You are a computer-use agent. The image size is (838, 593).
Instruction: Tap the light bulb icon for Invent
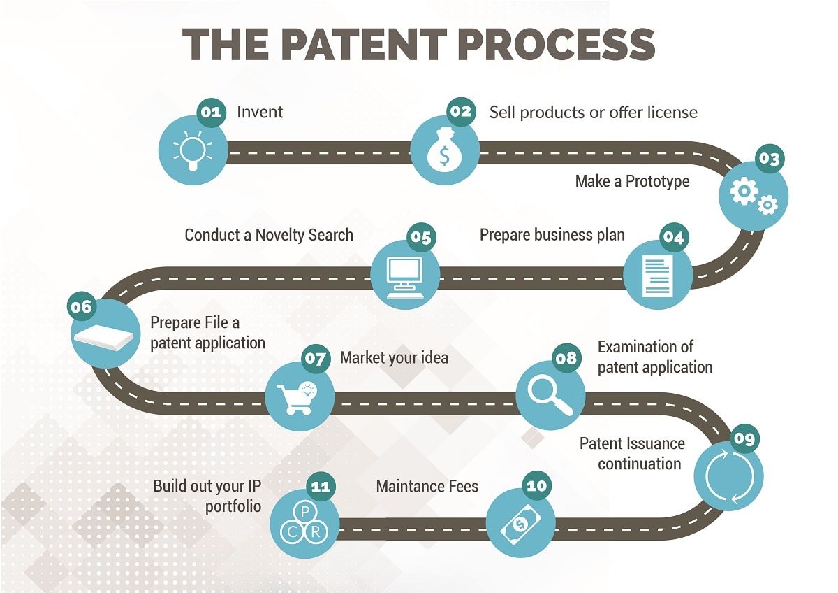click(192, 150)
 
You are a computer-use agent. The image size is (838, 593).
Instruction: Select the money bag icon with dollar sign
click(444, 151)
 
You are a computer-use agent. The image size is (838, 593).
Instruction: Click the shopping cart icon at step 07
click(298, 396)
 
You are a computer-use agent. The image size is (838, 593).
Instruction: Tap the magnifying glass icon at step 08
click(550, 395)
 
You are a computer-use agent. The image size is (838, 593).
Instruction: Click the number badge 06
click(81, 307)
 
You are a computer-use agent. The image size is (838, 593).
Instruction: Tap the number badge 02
click(460, 112)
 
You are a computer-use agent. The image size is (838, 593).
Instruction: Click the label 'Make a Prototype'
click(632, 182)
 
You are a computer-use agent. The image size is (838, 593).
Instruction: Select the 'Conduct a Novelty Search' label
click(269, 235)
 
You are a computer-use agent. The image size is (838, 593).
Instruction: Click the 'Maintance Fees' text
click(427, 486)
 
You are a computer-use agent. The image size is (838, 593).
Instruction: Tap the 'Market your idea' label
click(394, 358)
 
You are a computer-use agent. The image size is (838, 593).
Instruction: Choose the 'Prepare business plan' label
click(552, 235)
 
